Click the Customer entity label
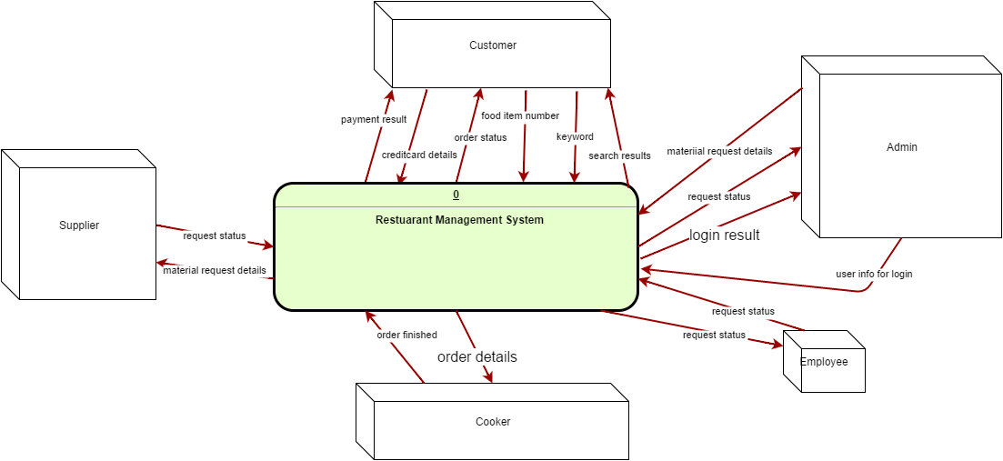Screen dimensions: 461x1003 pos(492,45)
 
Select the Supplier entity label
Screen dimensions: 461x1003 pos(79,225)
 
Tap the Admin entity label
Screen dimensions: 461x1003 pos(901,147)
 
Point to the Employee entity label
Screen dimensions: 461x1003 pos(824,362)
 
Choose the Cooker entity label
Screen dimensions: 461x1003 pos(493,422)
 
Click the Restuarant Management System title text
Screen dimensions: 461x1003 pos(459,219)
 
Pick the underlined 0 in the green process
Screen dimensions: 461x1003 pos(456,195)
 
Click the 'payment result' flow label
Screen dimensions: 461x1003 pos(374,119)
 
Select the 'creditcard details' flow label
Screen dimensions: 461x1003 pos(419,155)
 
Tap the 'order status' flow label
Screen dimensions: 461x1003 pos(480,137)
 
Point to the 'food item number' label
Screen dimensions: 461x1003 pos(520,115)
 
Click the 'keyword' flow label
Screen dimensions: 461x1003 pos(575,136)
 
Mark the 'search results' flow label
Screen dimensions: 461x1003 pos(619,155)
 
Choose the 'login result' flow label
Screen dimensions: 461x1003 pos(724,235)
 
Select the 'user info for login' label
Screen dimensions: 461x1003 pos(874,274)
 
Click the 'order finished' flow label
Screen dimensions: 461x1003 pos(406,335)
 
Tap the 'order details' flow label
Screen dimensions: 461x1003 pos(476,356)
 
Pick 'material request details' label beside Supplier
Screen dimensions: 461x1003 pos(215,270)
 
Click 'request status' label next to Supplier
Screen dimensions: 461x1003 pos(215,236)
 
